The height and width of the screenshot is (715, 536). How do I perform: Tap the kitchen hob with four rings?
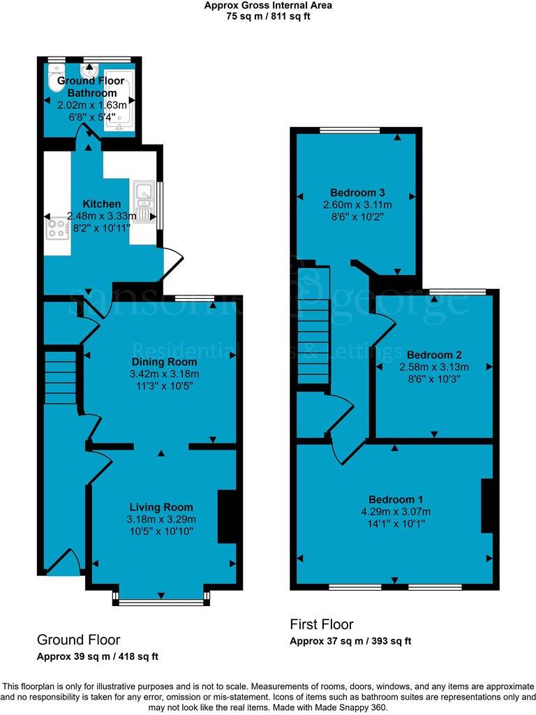click(x=56, y=229)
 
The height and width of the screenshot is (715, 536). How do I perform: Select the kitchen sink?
click(x=144, y=200)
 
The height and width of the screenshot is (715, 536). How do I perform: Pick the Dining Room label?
click(x=164, y=362)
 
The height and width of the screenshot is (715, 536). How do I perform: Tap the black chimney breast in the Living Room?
click(x=227, y=516)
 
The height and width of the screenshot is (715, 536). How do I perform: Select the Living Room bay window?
click(x=161, y=600)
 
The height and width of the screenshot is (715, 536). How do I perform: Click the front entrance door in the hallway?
click(x=64, y=562)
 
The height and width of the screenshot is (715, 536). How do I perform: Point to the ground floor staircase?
click(x=59, y=378)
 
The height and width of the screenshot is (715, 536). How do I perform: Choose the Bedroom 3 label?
click(x=358, y=192)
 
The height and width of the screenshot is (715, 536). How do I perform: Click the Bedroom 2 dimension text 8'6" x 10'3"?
click(x=433, y=379)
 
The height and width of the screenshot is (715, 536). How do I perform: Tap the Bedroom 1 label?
click(x=396, y=500)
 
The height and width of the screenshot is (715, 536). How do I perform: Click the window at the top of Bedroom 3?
click(x=350, y=131)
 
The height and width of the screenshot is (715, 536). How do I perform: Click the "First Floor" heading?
click(x=322, y=624)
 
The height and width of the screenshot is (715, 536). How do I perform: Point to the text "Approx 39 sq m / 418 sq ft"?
click(x=98, y=656)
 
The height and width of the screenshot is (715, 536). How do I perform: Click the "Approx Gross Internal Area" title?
click(x=268, y=6)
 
